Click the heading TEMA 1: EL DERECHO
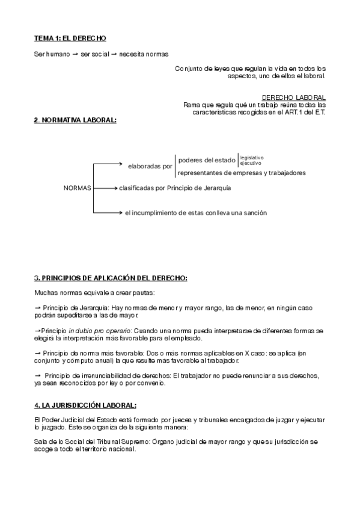pos(70,38)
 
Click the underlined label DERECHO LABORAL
pos(294,97)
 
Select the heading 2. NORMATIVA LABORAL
pos(75,120)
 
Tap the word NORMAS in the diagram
pos(77,188)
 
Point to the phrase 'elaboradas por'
pos(150,165)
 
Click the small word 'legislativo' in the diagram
pos(252,158)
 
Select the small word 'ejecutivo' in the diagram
pos(250,163)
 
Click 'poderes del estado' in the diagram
pos(206,160)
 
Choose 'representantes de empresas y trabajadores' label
pos(242,173)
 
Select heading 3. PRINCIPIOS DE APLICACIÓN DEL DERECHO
pos(111,278)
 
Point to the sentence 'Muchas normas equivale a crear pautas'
pos(95,293)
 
